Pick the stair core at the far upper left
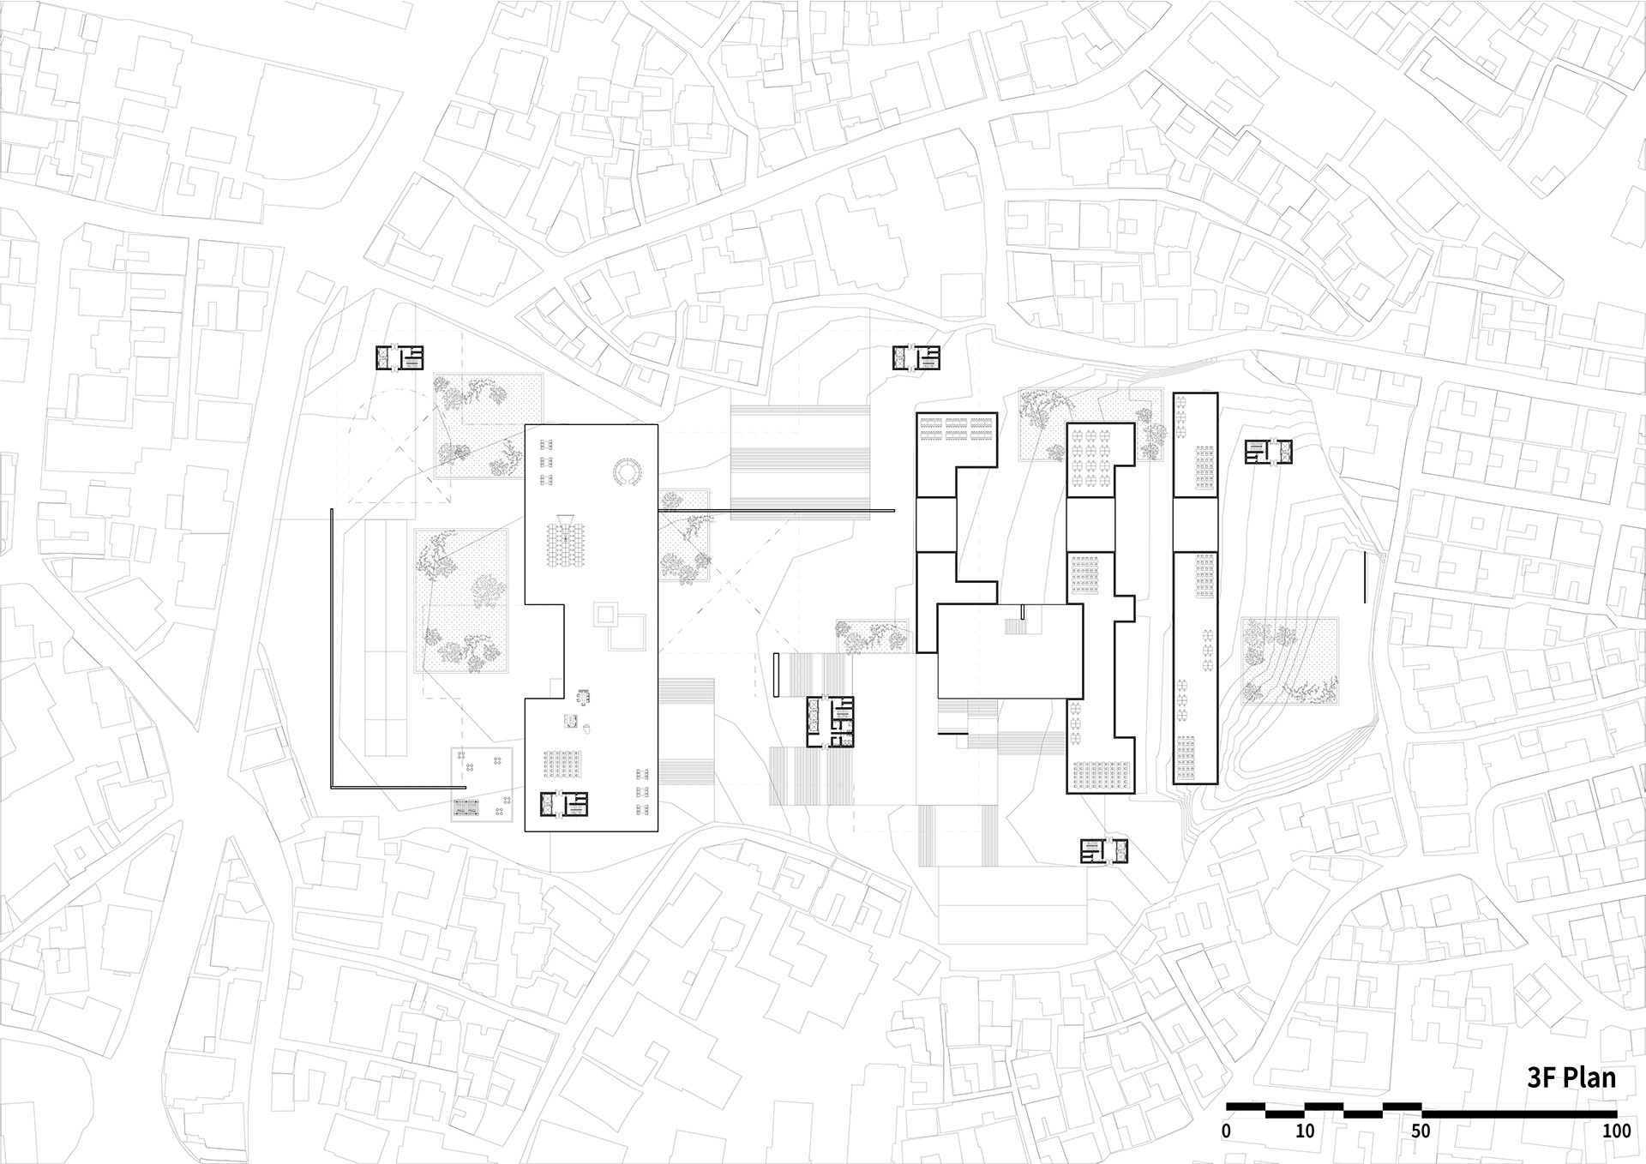(x=399, y=358)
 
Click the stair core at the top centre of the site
(x=916, y=358)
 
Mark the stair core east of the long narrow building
(x=1268, y=452)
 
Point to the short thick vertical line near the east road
(x=1364, y=576)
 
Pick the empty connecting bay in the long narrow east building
(x=1195, y=524)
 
